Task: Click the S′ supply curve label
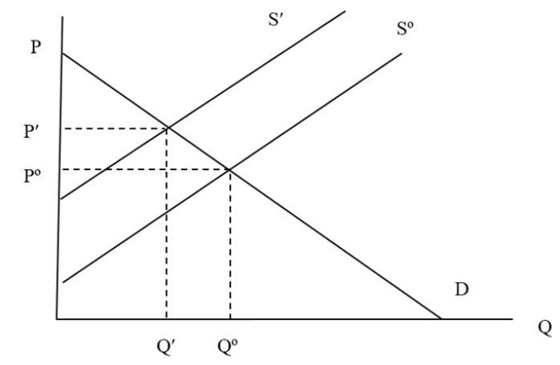coord(276,20)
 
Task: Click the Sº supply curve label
coord(405,29)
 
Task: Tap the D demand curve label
coord(461,290)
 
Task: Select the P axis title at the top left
coord(35,47)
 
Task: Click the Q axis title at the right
coord(545,328)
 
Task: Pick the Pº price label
coord(32,176)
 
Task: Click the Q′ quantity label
coord(166,347)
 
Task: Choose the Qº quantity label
coord(228,347)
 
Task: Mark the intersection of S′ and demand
coord(168,128)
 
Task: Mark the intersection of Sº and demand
coord(229,169)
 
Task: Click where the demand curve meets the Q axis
coord(441,318)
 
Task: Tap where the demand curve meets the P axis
coord(63,53)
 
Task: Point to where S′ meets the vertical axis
coord(60,199)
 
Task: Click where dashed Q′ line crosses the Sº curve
coord(166,213)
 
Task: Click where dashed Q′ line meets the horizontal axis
coord(166,318)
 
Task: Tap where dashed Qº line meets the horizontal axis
coord(230,318)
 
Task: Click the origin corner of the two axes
coord(57,318)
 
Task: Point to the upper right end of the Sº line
coord(401,54)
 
